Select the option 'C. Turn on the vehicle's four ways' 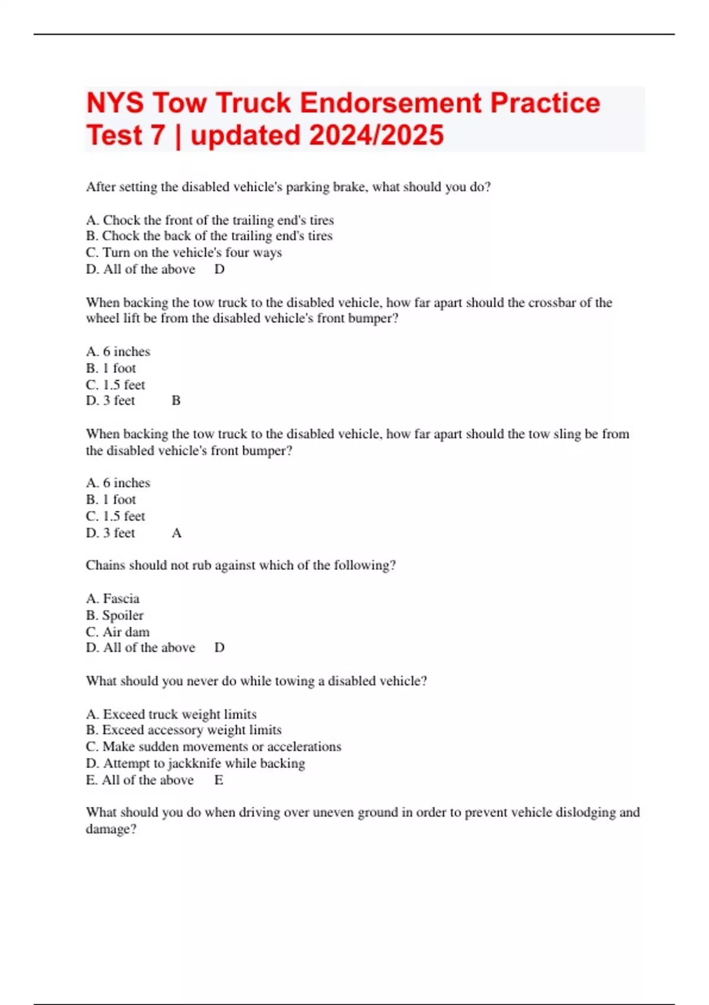pos(184,252)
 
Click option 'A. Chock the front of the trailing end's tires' pos(210,220)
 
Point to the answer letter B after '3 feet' pos(176,401)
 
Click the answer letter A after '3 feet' pos(177,533)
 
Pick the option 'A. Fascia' pos(113,599)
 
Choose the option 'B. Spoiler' pos(115,615)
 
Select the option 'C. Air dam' pos(118,632)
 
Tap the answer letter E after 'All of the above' pos(219,780)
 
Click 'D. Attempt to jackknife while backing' pos(196,764)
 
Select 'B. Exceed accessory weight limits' pos(184,730)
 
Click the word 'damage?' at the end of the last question pos(111,829)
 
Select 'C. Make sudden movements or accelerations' pos(213,747)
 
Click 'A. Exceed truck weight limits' pos(171,714)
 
